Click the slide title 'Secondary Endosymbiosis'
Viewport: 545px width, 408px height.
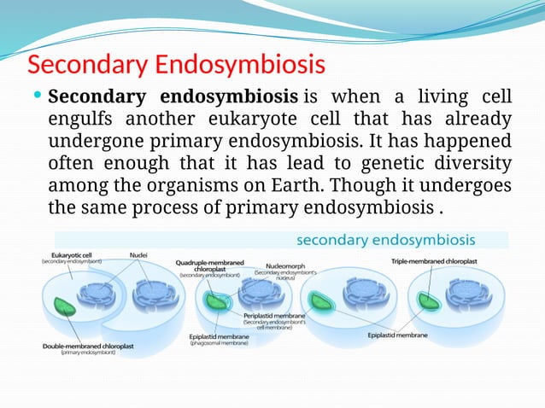(x=178, y=65)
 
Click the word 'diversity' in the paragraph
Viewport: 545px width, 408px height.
(x=469, y=163)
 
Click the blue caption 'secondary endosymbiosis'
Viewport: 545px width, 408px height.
(x=386, y=239)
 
